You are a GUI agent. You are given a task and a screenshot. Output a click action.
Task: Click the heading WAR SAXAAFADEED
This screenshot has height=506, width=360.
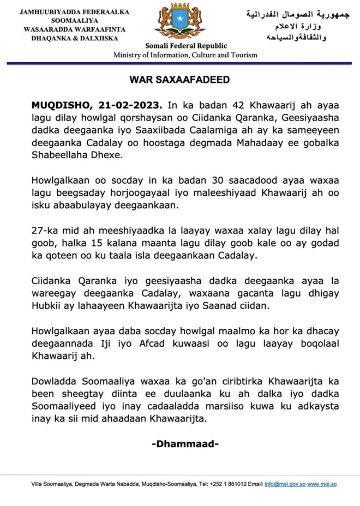tap(179, 80)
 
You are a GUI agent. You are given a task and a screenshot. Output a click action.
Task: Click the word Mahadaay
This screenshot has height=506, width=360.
tap(271, 142)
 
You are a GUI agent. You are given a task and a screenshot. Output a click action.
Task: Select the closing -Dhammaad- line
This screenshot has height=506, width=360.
tap(185, 444)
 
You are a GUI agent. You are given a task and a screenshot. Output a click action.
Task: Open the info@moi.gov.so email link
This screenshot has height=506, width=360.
tap(285, 484)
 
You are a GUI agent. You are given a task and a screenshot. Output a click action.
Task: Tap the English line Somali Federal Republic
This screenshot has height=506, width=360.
tap(185, 46)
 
